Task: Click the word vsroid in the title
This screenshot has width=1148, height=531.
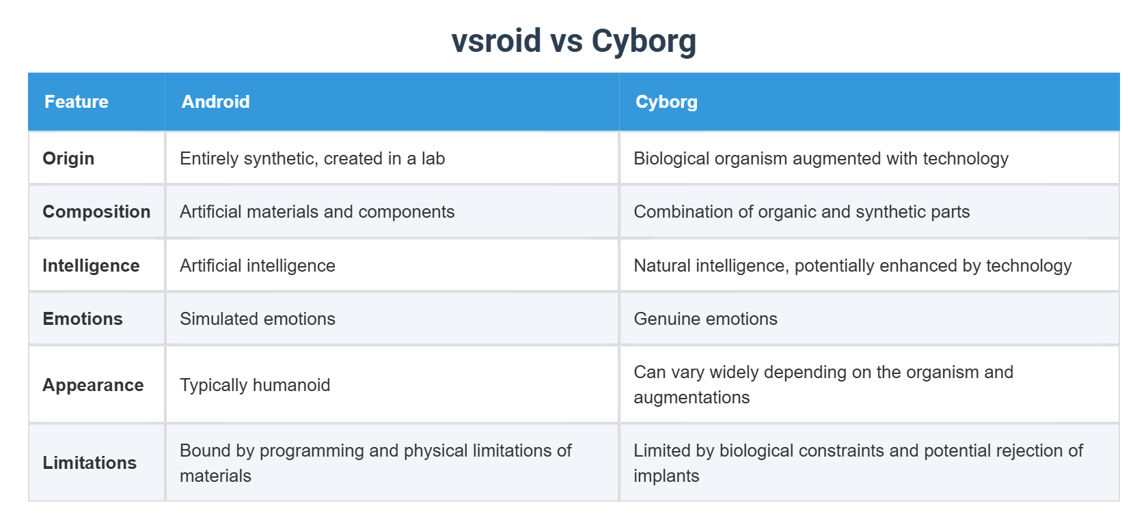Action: pyautogui.click(x=496, y=41)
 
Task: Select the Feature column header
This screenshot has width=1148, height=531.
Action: pyautogui.click(x=77, y=102)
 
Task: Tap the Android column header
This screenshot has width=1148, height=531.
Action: pyautogui.click(x=216, y=102)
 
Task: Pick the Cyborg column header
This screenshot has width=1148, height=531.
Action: pyautogui.click(x=666, y=102)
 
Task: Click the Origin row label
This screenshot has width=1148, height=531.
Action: pyautogui.click(x=68, y=158)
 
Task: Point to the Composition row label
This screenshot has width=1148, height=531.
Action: pyautogui.click(x=96, y=212)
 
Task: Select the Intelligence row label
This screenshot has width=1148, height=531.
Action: pyautogui.click(x=91, y=265)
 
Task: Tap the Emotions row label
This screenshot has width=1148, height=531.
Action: pyautogui.click(x=83, y=319)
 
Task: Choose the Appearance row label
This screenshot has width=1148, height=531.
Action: pyautogui.click(x=93, y=385)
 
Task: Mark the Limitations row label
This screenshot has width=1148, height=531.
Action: pyautogui.click(x=90, y=463)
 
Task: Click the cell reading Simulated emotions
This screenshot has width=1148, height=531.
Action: pyautogui.click(x=258, y=319)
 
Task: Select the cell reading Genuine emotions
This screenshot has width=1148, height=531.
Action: pyautogui.click(x=705, y=319)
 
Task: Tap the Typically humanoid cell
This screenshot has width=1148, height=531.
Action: pyautogui.click(x=255, y=385)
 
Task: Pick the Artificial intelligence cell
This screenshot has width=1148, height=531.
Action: pyautogui.click(x=258, y=265)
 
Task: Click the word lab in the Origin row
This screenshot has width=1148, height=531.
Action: pyautogui.click(x=433, y=158)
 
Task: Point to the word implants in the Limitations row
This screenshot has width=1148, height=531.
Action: pyautogui.click(x=666, y=476)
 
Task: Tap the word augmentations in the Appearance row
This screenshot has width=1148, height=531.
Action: pyautogui.click(x=692, y=397)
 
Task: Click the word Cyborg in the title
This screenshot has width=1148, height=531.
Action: pyautogui.click(x=644, y=41)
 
